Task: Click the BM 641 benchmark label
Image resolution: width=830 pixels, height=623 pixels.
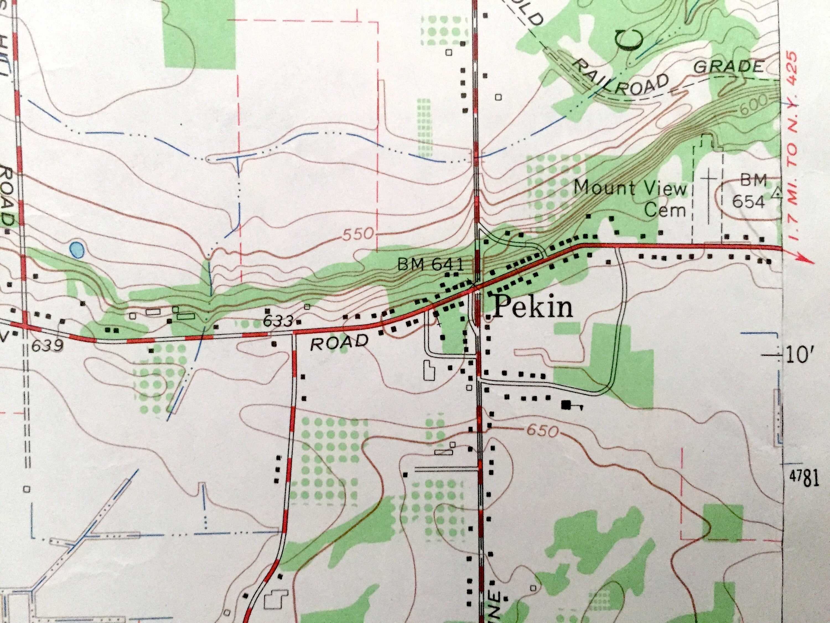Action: (x=431, y=265)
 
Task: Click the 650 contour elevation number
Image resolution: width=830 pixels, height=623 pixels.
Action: (x=542, y=430)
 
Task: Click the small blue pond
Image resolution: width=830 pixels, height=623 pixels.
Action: (x=77, y=250)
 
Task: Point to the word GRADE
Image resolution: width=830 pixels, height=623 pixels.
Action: (x=728, y=67)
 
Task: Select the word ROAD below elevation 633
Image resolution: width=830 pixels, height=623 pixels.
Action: (x=339, y=342)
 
